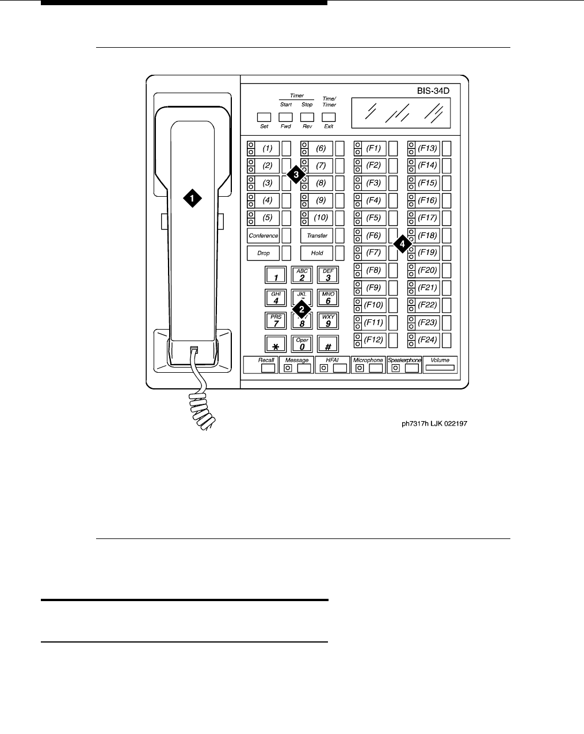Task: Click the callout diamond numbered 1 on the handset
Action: pos(192,198)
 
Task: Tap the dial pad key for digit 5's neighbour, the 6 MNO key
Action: pos(328,297)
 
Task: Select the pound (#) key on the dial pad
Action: pos(328,344)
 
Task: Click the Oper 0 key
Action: pos(302,344)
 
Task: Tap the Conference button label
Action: pos(264,235)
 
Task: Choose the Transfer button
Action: pos(317,235)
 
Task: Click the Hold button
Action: pos(317,253)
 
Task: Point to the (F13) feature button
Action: pos(427,148)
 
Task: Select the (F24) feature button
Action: pos(427,339)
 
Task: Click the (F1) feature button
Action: pos(373,148)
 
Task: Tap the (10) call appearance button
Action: pos(320,218)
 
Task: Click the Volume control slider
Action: pos(440,368)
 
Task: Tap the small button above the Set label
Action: pos(264,117)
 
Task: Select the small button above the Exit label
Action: pos(329,117)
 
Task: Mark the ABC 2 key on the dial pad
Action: pos(302,275)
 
